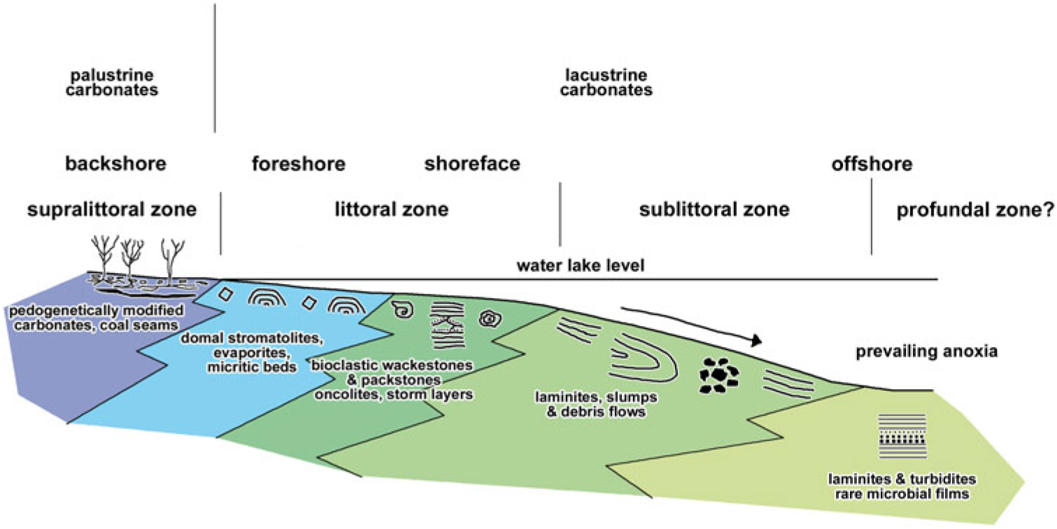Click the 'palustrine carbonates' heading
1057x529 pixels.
coord(116,82)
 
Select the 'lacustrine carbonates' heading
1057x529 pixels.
coord(607,82)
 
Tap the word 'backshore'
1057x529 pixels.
coord(115,164)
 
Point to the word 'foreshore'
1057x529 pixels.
coord(299,164)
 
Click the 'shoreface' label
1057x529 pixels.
coord(472,164)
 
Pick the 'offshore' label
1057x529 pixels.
coord(872,165)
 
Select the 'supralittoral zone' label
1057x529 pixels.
coord(112,209)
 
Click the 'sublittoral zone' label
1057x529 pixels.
coord(714,209)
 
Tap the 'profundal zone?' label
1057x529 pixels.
coord(975,209)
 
